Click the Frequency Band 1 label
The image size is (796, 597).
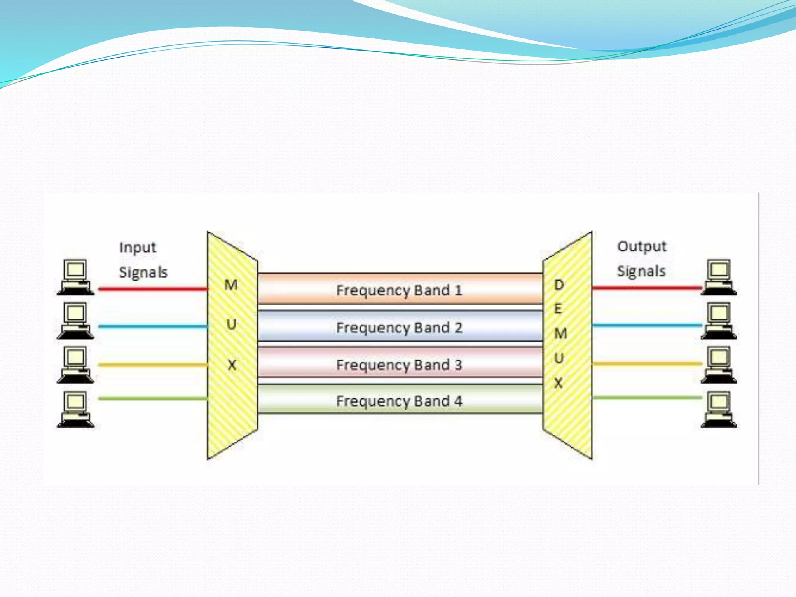coord(399,290)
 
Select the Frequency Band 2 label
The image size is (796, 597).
coord(399,328)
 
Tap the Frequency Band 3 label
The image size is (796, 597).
coord(399,365)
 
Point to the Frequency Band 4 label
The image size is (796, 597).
coord(399,401)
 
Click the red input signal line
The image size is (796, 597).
coord(153,289)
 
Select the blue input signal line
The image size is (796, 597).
coord(153,326)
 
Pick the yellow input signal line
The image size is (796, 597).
coord(153,365)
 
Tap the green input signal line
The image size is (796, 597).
coord(153,398)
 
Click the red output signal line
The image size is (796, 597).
coord(647,288)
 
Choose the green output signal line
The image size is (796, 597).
coord(647,397)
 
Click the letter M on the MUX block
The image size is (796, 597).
coord(231,285)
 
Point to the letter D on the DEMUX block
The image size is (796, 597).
coord(559,285)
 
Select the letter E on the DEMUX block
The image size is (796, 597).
coord(558,309)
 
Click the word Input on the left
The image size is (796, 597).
coord(138,248)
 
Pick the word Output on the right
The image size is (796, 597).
coord(642,246)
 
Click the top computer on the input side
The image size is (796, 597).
coord(75,277)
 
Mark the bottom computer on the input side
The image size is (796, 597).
coord(75,410)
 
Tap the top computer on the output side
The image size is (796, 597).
coord(719,277)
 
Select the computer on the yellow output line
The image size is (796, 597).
coord(719,365)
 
